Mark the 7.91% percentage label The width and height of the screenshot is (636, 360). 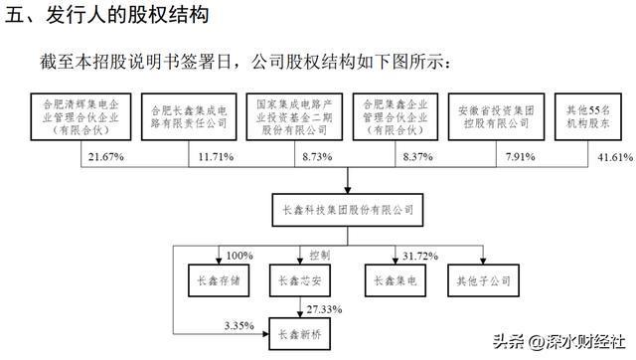point(516,158)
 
